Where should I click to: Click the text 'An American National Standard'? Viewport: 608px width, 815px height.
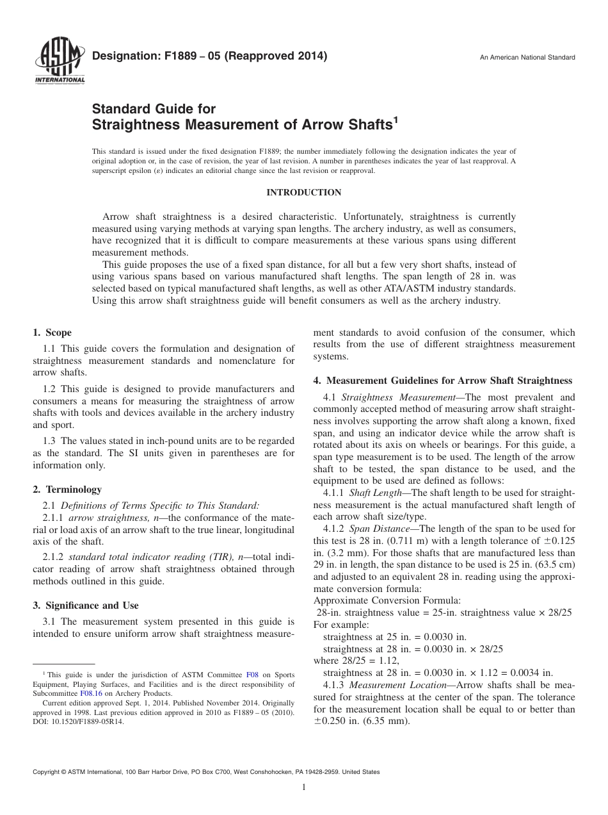pyautogui.click(x=527, y=58)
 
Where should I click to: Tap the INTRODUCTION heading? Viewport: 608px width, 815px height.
pyautogui.click(x=303, y=192)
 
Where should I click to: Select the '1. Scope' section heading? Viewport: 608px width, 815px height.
pyautogui.click(x=52, y=333)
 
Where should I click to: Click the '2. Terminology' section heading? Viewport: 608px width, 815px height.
pyautogui.click(x=67, y=489)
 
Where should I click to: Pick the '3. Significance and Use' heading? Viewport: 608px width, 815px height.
pyautogui.click(x=85, y=605)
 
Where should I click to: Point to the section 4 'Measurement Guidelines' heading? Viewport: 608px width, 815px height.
pyautogui.click(x=442, y=380)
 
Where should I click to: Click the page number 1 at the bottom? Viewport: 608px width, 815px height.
pyautogui.click(x=304, y=788)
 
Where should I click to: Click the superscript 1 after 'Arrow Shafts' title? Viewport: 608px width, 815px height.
pyautogui.click(x=395, y=119)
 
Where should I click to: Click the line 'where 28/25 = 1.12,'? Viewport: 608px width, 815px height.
pyautogui.click(x=356, y=661)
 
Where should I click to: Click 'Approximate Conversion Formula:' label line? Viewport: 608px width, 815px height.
pyautogui.click(x=387, y=600)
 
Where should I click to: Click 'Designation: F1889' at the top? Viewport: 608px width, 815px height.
pyautogui.click(x=139, y=56)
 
